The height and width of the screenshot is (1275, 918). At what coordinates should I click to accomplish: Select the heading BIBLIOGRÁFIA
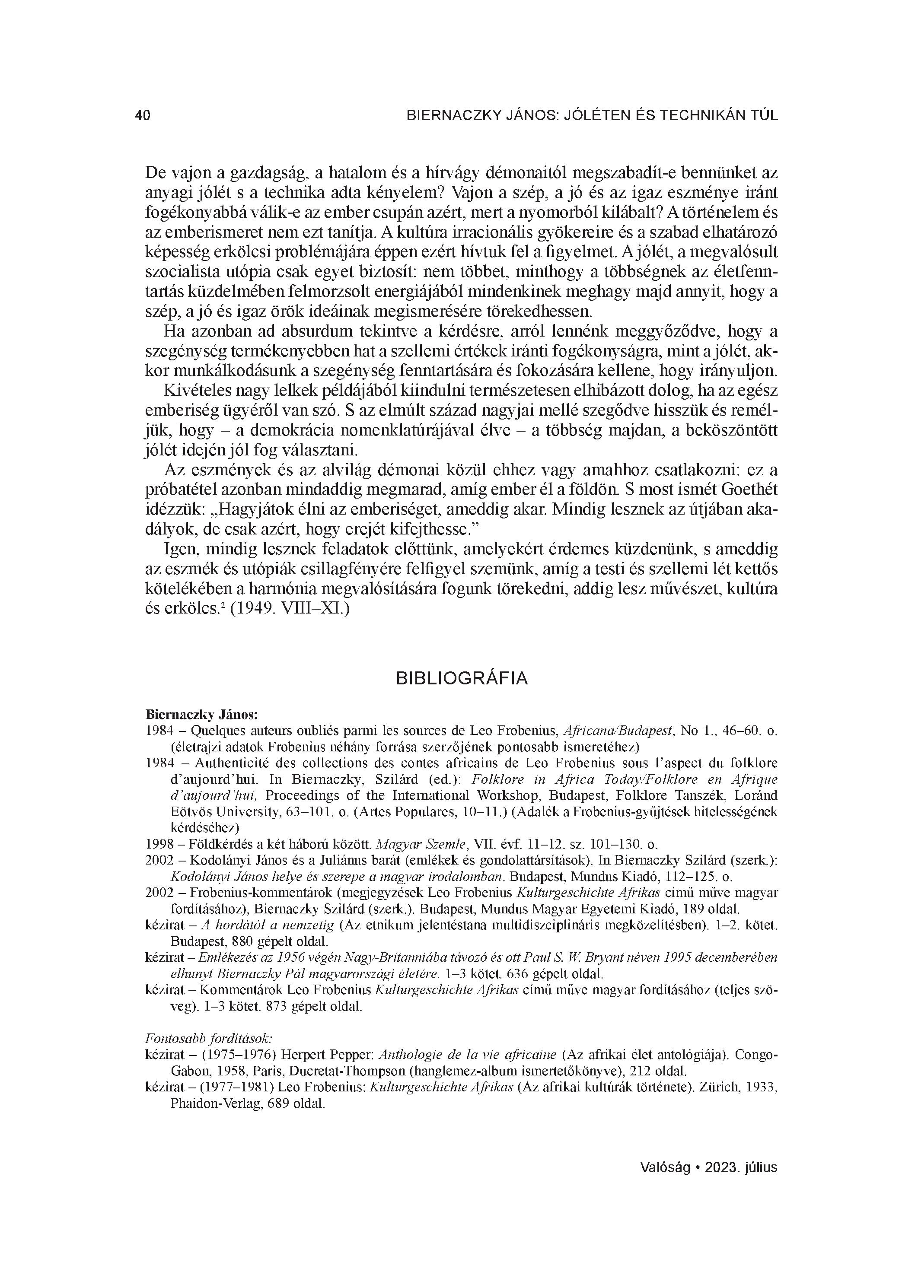pos(462,678)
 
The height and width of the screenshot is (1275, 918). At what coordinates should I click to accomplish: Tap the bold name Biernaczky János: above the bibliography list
pos(201,715)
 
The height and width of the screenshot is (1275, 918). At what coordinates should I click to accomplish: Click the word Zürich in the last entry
pos(717,1087)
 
